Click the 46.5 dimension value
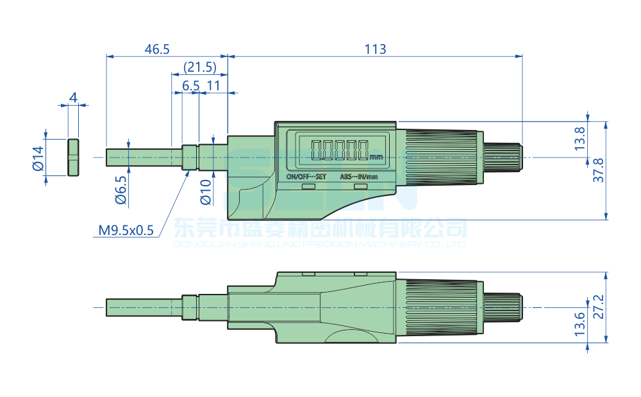[157, 49]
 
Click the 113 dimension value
[375, 49]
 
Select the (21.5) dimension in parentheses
[199, 67]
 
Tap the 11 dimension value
[213, 85]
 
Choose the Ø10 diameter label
[205, 191]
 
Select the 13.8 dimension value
[579, 139]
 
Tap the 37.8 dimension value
[599, 170]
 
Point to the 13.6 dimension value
[579, 325]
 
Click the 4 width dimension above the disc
[73, 97]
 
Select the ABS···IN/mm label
[359, 176]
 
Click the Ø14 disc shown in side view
[73, 158]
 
